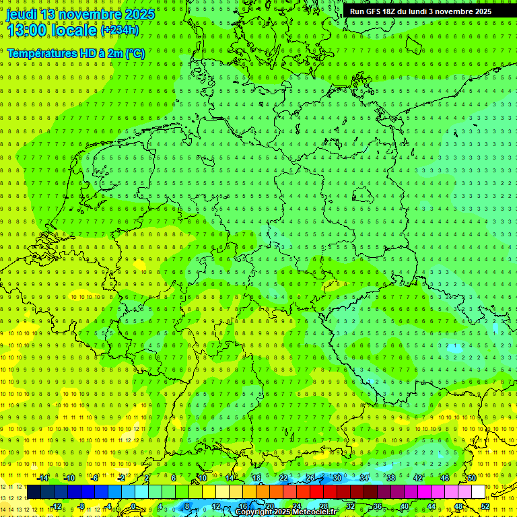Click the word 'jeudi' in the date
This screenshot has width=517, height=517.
click(x=22, y=14)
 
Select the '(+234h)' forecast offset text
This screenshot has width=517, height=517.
click(x=120, y=31)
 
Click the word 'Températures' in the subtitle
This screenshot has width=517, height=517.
click(x=40, y=53)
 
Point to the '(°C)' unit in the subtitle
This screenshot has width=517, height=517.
click(x=135, y=53)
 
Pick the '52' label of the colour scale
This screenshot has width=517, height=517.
click(x=485, y=506)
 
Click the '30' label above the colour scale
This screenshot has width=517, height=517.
click(x=337, y=478)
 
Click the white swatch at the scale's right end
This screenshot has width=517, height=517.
click(x=478, y=492)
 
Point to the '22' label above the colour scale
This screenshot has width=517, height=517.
click(x=283, y=478)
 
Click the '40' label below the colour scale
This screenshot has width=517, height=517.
click(x=404, y=506)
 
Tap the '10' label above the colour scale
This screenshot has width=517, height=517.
click(x=202, y=478)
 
